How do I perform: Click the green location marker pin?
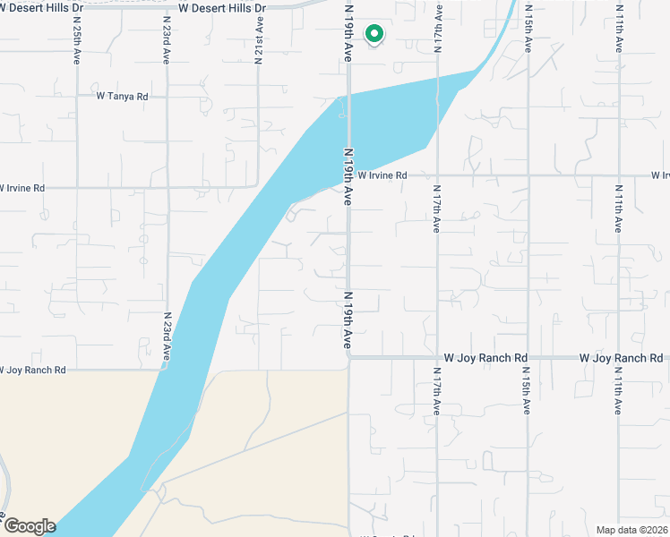[x=374, y=34]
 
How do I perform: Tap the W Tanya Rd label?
[x=123, y=96]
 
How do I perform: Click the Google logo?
[x=29, y=526]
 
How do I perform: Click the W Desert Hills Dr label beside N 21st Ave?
[x=222, y=7]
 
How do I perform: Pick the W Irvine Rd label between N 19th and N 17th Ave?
[x=382, y=176]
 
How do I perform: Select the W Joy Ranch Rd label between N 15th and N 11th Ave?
[x=621, y=358]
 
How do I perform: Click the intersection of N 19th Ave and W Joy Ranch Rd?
[x=348, y=357]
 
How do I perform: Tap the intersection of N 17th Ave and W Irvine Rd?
[x=437, y=176]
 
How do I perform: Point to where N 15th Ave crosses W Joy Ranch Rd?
[x=528, y=357]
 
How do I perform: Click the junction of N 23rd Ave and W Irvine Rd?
[x=167, y=187]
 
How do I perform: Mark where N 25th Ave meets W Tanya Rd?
[x=76, y=96]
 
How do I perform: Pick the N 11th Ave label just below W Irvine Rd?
[x=618, y=209]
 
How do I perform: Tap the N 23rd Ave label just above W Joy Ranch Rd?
[x=167, y=337]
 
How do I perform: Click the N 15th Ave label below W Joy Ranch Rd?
[x=527, y=391]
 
